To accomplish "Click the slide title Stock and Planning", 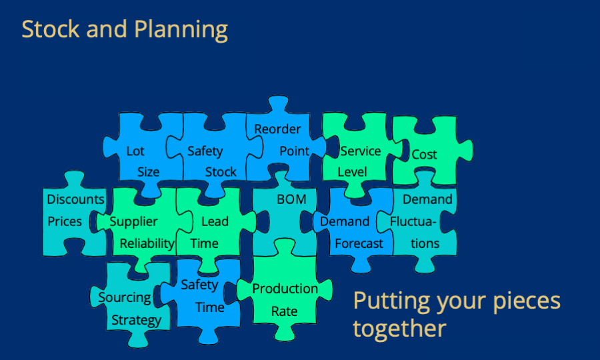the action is pos(125,30).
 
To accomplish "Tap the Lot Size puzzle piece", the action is pos(143,161).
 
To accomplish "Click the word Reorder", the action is pos(277,129).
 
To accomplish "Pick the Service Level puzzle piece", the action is pos(356,161).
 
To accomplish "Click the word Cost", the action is pos(424,155).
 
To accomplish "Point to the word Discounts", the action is pos(75,199).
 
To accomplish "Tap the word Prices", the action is pos(64,221).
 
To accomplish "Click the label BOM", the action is pos(291,199).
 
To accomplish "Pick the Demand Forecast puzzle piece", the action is pos(354,229).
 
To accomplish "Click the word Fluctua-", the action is pos(413,221).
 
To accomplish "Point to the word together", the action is pos(399,329).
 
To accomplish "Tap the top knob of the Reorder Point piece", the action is pos(278,103).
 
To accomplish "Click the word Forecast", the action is pos(359,244).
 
